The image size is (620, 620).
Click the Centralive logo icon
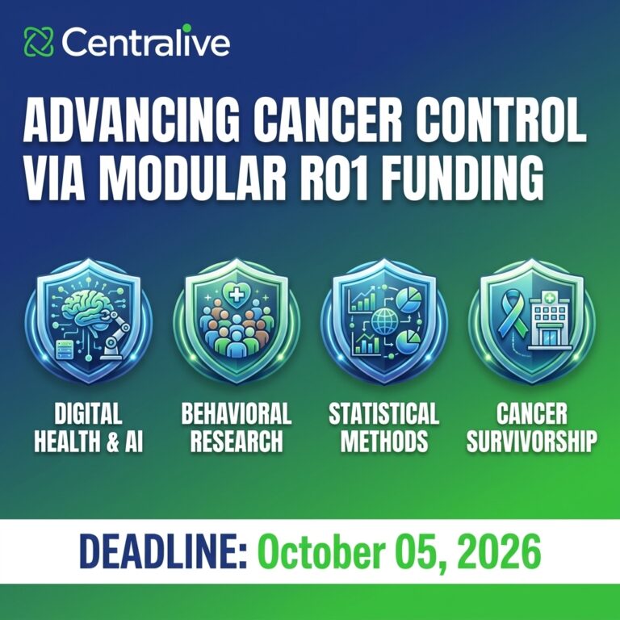pyautogui.click(x=39, y=41)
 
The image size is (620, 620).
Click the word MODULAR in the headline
pyautogui.click(x=193, y=177)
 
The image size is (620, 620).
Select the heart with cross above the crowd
pyautogui.click(x=236, y=295)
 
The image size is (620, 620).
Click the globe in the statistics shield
pyautogui.click(x=383, y=321)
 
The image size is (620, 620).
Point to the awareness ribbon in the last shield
pyautogui.click(x=511, y=316)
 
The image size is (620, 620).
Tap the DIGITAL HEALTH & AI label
pyautogui.click(x=88, y=427)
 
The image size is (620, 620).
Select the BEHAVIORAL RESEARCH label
pyautogui.click(x=236, y=427)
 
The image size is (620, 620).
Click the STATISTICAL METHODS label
pyautogui.click(x=383, y=427)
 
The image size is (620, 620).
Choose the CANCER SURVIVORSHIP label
pyautogui.click(x=531, y=427)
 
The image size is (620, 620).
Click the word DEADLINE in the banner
pyautogui.click(x=163, y=551)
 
